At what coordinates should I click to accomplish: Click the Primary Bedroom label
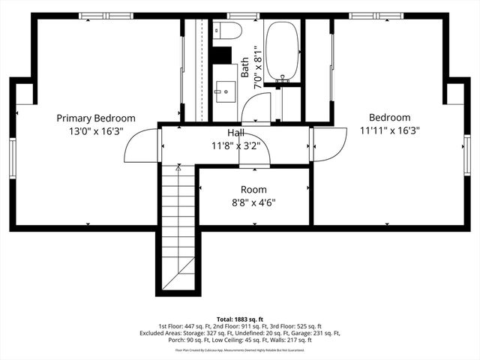click(96, 118)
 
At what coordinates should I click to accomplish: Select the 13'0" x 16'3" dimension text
click(96, 130)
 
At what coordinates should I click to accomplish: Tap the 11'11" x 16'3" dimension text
click(389, 130)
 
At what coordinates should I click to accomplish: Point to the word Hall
click(235, 133)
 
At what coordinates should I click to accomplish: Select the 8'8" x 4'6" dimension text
click(253, 202)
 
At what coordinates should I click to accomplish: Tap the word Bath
click(244, 67)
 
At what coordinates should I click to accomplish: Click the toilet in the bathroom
click(227, 31)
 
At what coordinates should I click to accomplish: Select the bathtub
click(283, 50)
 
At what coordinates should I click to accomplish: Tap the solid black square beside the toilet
click(220, 55)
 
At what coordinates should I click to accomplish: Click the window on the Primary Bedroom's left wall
click(13, 158)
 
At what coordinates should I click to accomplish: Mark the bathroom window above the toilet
click(238, 16)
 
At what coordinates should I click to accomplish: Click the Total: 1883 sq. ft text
click(239, 318)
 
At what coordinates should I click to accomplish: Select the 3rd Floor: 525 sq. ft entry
click(298, 326)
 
